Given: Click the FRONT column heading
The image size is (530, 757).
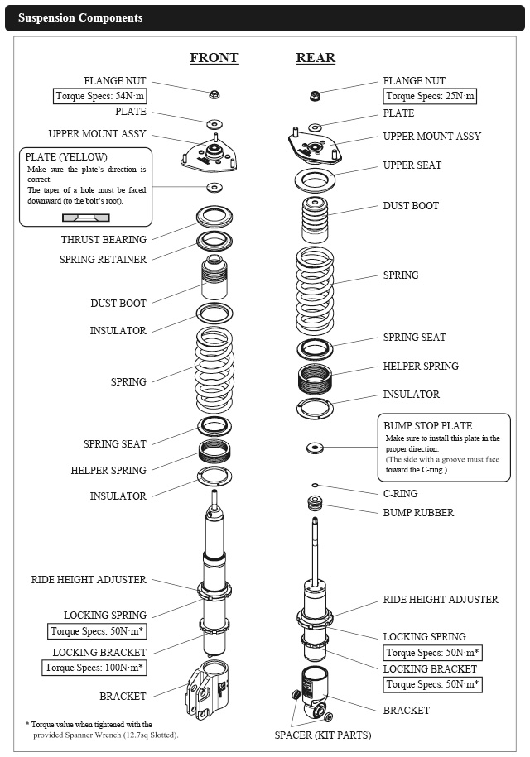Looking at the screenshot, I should pyautogui.click(x=214, y=58).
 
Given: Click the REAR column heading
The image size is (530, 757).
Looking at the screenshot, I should pyautogui.click(x=316, y=58).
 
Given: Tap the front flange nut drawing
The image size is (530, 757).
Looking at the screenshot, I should pyautogui.click(x=214, y=91).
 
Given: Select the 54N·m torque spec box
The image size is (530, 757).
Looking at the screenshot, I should pyautogui.click(x=99, y=96).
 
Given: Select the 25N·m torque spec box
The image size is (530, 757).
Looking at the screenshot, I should pyautogui.click(x=430, y=96).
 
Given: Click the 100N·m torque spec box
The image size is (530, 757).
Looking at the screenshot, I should pyautogui.click(x=94, y=667).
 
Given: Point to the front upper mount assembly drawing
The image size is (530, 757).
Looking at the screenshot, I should pyautogui.click(x=214, y=153).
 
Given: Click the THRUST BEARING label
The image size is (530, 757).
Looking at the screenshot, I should pyautogui.click(x=104, y=240).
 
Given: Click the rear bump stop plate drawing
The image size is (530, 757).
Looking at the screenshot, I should pyautogui.click(x=315, y=448).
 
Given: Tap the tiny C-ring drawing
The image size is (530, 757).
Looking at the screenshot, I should pyautogui.click(x=315, y=485).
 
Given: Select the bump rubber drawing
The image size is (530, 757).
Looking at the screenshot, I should pyautogui.click(x=315, y=504).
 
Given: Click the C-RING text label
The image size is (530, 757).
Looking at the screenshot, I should pyautogui.click(x=401, y=494).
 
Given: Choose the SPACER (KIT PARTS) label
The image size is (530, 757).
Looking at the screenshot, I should pyautogui.click(x=323, y=735).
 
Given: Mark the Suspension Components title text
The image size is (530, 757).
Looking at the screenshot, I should pyautogui.click(x=80, y=17).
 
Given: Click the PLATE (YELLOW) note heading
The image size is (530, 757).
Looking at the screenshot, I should pyautogui.click(x=66, y=157).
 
